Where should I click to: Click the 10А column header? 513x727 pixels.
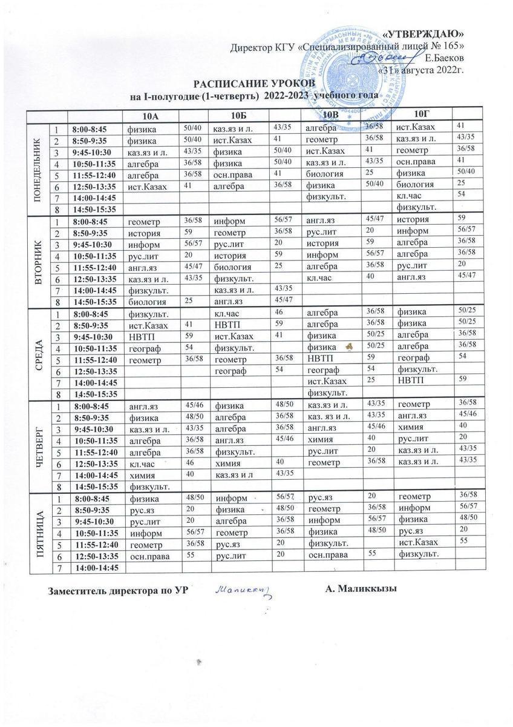[x=149, y=115]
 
